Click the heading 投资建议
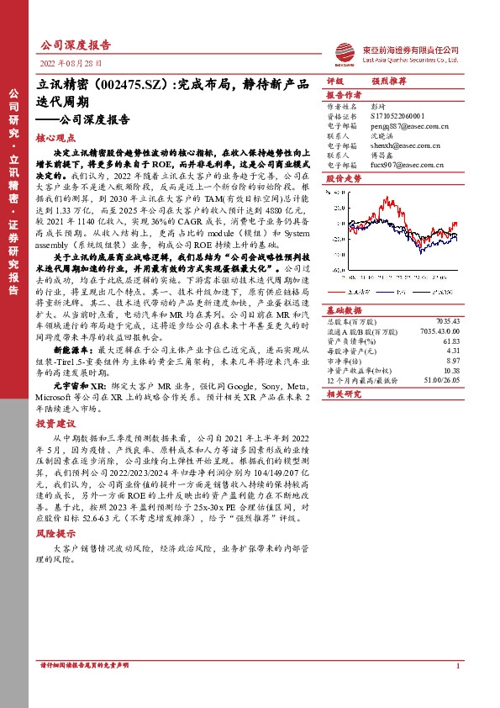56,424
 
